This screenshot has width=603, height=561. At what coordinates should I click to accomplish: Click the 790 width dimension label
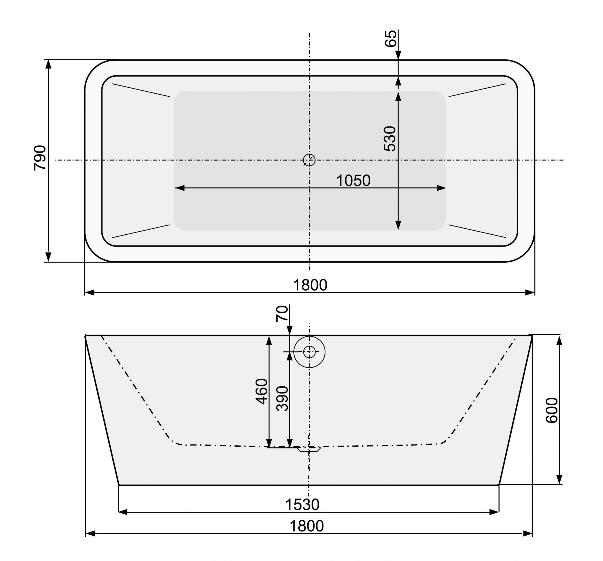click(40, 158)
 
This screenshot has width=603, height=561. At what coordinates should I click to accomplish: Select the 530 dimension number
click(390, 139)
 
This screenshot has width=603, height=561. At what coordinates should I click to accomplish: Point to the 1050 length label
click(353, 181)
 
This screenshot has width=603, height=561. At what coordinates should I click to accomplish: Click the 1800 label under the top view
click(310, 285)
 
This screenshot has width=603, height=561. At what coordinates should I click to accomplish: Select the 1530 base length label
click(302, 505)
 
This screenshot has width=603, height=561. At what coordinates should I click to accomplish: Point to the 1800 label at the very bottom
click(306, 526)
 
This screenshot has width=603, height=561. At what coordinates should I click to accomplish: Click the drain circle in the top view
click(309, 160)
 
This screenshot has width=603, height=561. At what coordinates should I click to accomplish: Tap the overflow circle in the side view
click(309, 352)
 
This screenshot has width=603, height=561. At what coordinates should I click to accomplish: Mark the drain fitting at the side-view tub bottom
click(309, 449)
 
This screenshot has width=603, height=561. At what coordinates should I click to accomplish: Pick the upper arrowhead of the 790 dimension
click(48, 64)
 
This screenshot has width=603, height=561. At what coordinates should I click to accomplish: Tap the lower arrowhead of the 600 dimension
click(559, 479)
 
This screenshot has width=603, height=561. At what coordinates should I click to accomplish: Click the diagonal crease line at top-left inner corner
click(141, 90)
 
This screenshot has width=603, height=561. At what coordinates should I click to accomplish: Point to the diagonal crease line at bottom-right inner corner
click(477, 231)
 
